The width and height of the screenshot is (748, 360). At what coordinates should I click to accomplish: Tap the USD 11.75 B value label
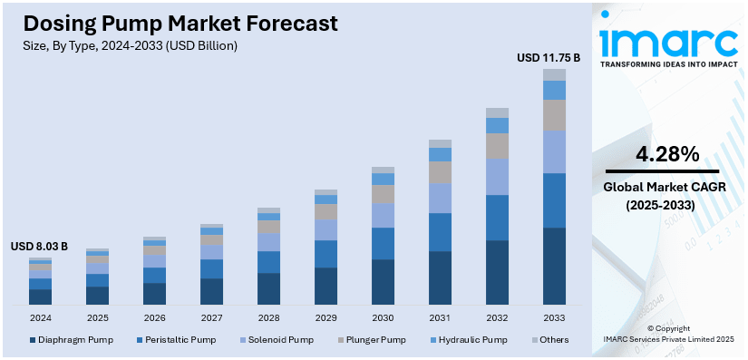coord(548,58)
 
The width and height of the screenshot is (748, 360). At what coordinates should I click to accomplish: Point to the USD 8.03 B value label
coord(39,247)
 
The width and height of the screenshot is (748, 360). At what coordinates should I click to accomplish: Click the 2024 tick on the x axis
coord(40,318)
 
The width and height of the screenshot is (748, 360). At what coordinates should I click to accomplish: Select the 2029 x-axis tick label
coord(325,318)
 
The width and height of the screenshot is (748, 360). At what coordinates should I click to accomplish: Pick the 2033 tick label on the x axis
coord(554,318)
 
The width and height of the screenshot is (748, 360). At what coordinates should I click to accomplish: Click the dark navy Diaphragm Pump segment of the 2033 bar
coord(554,266)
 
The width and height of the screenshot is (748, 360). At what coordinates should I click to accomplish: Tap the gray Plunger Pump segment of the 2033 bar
coord(554,114)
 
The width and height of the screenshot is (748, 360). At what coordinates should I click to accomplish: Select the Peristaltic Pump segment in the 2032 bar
coord(497,218)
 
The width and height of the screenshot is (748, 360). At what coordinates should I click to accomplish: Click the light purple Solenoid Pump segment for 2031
coord(440,198)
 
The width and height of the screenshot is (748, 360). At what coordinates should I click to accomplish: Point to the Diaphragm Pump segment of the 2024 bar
coord(40,297)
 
